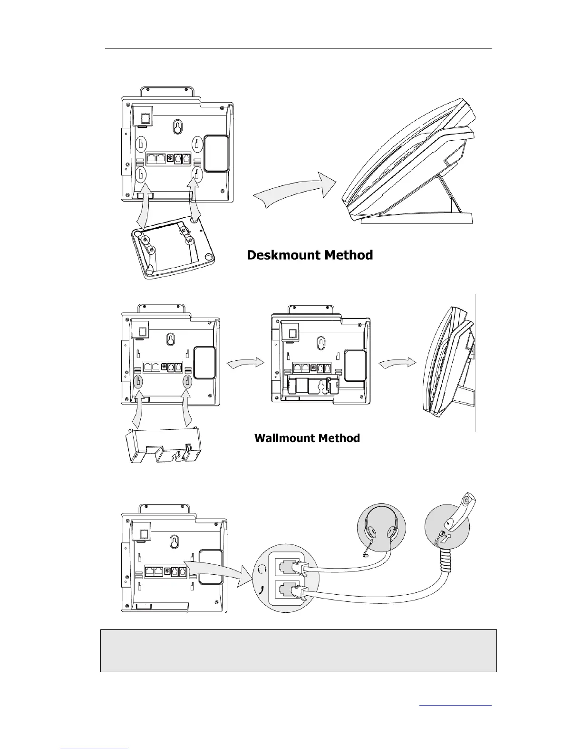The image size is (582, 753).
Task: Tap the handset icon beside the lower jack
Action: [x=260, y=591]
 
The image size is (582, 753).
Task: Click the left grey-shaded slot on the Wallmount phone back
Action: [x=138, y=381]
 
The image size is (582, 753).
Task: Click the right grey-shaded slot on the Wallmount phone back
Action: [x=187, y=381]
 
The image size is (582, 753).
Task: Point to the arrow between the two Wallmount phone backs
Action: [x=245, y=363]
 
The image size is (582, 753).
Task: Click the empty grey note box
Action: [x=298, y=650]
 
